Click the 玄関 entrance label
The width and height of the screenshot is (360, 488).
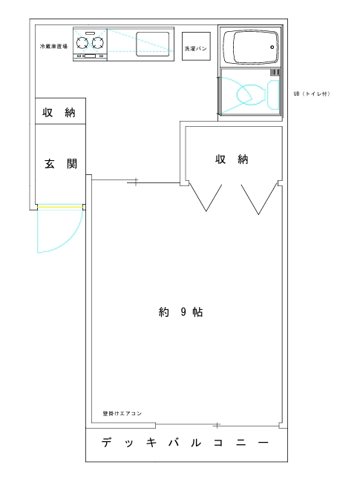(61, 164)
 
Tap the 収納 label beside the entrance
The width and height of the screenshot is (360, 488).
(59, 112)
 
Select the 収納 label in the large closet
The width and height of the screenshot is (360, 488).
(232, 159)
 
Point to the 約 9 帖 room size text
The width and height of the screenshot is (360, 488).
(180, 311)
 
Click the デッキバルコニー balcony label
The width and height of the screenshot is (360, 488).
(185, 442)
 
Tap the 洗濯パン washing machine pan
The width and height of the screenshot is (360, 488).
(196, 46)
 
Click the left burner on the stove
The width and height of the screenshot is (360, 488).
(82, 43)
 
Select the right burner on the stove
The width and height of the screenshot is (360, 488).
(97, 43)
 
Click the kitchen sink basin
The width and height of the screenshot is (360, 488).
(153, 44)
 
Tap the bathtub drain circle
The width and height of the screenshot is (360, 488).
(272, 47)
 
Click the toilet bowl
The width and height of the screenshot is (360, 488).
(251, 94)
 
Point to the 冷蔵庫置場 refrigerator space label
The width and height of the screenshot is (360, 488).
(53, 47)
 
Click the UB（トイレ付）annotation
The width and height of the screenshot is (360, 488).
(312, 93)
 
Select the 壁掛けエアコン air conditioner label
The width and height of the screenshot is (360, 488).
(122, 413)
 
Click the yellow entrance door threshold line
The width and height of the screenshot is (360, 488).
(60, 207)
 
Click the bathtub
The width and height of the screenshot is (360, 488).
(251, 47)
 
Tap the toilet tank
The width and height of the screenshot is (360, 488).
(273, 95)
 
